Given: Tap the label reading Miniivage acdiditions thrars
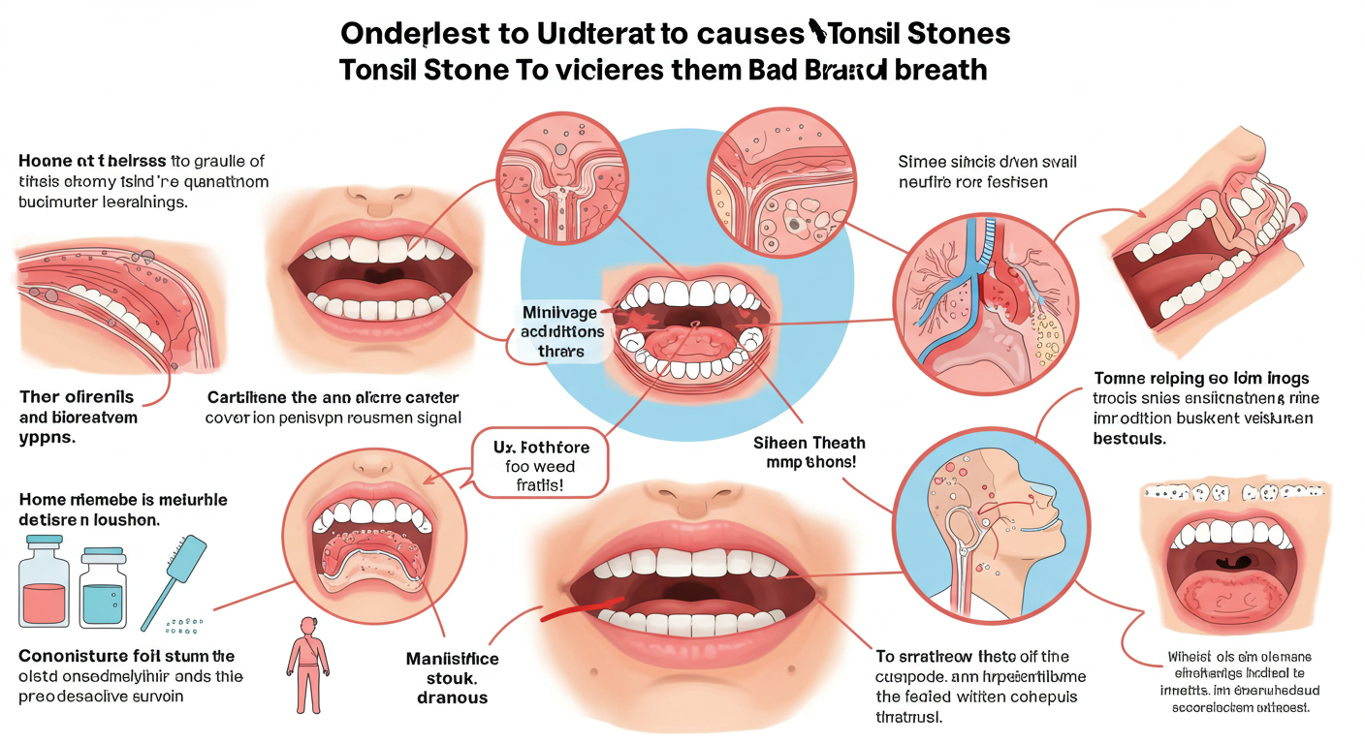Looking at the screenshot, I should coord(562,331).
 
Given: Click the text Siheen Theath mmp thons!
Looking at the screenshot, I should coord(809,452).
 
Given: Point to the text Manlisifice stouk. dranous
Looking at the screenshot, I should coord(453,677).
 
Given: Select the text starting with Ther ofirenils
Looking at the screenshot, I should coord(79,417).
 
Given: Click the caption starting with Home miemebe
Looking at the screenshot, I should coord(123,509).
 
